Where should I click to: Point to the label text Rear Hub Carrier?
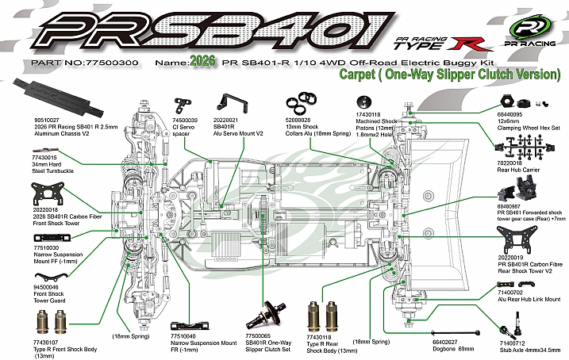tap(514, 169)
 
